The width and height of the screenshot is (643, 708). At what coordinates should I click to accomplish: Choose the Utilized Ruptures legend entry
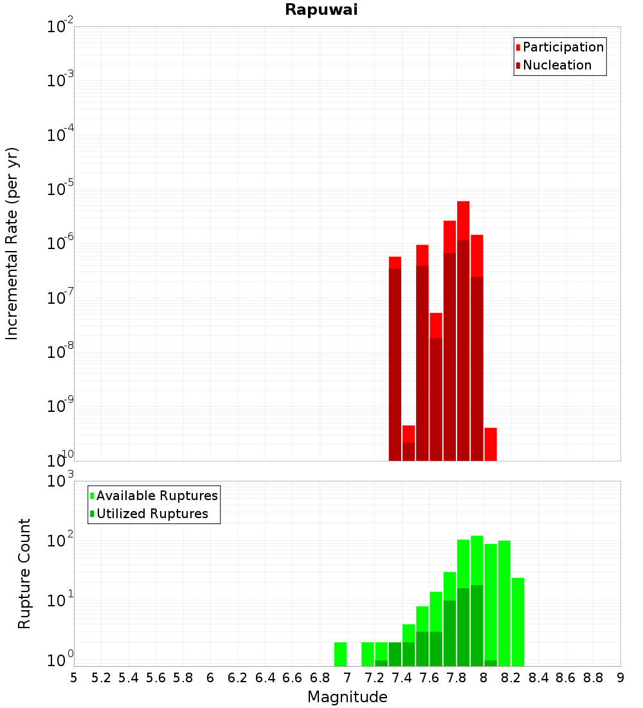coord(152,514)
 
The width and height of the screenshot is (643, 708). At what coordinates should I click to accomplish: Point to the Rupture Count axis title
coord(24,573)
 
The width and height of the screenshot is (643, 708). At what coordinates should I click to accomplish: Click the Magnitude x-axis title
coord(347,697)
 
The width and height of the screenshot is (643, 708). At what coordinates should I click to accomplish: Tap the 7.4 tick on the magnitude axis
coord(402,678)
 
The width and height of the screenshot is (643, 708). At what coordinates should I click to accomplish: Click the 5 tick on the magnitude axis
coord(74,678)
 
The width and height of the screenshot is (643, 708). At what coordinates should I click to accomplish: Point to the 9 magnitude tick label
coord(620,678)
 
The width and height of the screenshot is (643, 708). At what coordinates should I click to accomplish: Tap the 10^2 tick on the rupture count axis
coord(61,540)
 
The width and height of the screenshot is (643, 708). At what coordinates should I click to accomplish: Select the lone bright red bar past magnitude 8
coord(491,444)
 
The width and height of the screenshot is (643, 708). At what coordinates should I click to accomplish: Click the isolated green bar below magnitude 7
coord(341,654)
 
